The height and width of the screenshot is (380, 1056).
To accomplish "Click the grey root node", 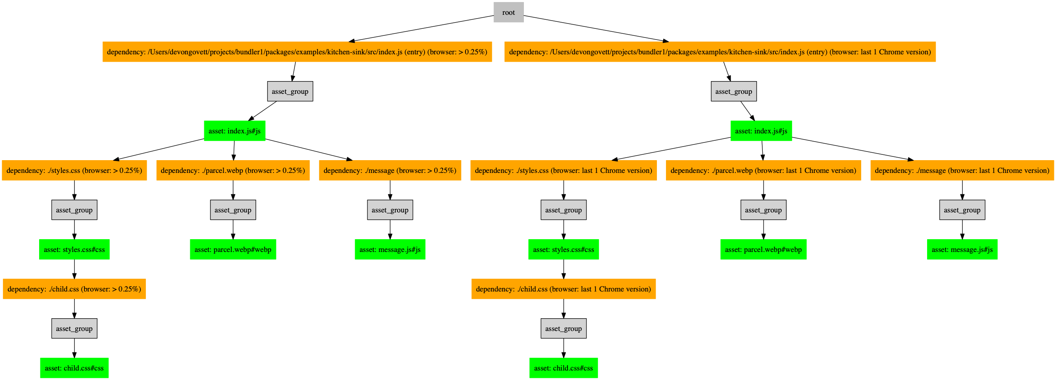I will pos(508,12).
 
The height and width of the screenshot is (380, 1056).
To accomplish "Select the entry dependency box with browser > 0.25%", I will pos(297,52).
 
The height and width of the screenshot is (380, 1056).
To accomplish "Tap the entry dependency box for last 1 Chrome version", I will pos(720,52).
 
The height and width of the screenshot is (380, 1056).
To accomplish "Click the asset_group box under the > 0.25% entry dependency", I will pos(290,91).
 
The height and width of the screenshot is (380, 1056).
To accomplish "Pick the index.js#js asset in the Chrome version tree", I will pos(761,131).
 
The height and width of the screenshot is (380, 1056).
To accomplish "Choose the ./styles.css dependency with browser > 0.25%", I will pos(74,170).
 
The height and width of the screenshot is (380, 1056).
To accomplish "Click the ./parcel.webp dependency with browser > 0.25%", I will pos(233,170).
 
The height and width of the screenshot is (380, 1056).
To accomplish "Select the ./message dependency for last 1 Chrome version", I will pos(962,170).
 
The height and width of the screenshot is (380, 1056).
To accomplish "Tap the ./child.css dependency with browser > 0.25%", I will pos(74,289).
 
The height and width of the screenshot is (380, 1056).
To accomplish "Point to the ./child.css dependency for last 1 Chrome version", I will pos(563,289).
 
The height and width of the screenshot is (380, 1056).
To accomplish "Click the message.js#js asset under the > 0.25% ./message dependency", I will pos(390,249).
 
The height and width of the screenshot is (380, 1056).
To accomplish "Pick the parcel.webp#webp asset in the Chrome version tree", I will pos(763,249).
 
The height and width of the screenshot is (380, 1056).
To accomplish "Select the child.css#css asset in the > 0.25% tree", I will pos(74,368).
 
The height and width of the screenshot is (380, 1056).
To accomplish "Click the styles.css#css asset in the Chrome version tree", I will pos(563,249).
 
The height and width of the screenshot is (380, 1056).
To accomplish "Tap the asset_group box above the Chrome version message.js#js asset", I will pos(962,210).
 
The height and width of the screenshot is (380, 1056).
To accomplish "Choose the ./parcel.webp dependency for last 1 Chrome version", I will pos(763,170).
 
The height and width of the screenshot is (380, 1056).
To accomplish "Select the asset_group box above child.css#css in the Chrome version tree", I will pos(563,329).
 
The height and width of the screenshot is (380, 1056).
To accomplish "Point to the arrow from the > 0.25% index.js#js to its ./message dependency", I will pos(309,149).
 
